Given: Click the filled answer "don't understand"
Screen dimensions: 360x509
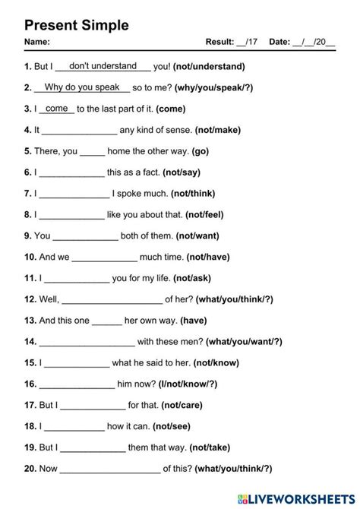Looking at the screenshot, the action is click(103, 66).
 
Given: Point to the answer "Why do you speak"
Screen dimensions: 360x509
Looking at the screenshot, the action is click(82, 87).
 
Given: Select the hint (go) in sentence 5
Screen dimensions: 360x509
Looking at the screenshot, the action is click(200, 151).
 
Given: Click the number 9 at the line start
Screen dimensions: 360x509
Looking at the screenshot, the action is click(27, 236).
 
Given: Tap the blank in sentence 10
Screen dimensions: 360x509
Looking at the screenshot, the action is click(104, 258).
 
